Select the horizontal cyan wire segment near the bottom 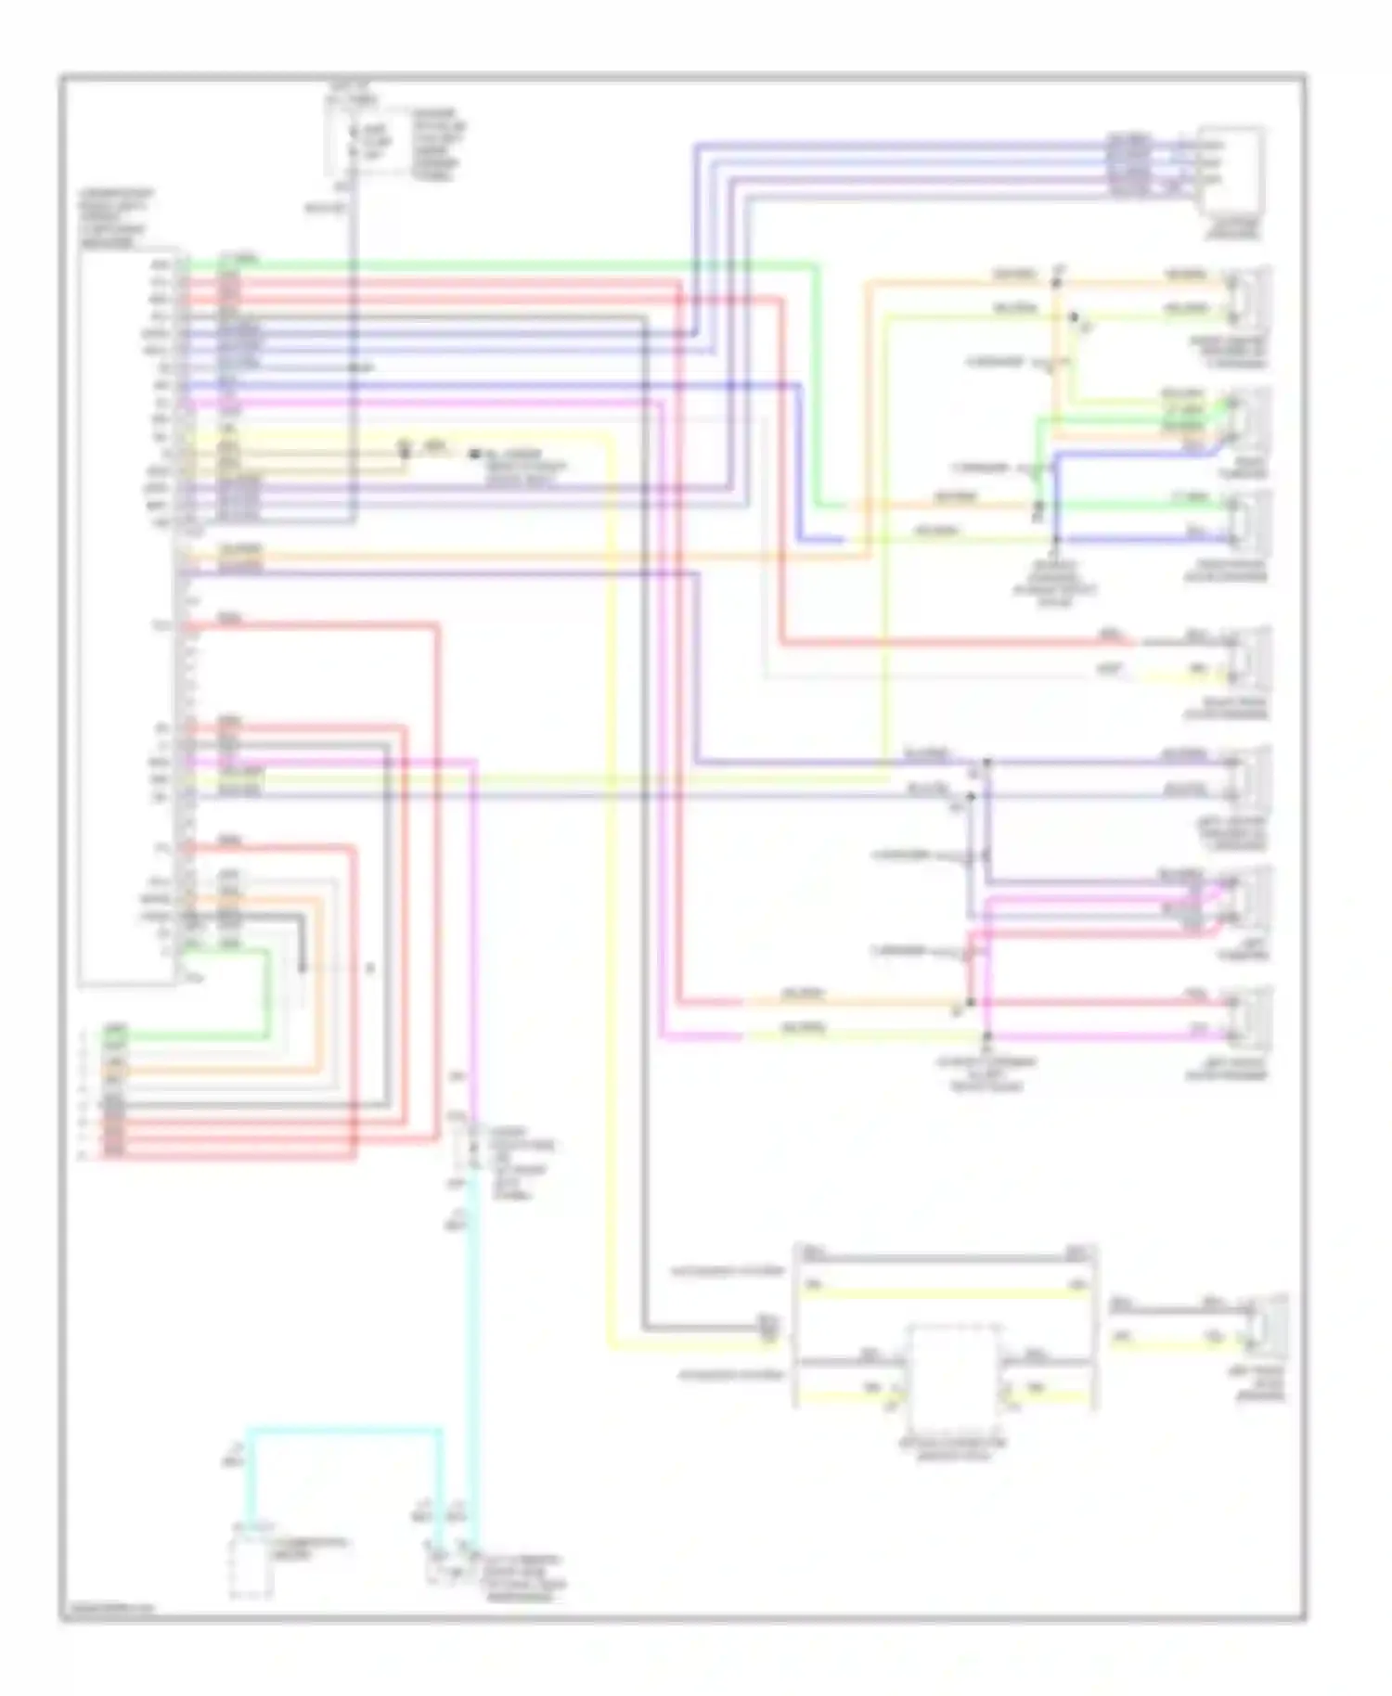[343, 1430]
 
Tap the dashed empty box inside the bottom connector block [953, 1378]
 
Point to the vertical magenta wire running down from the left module [474, 928]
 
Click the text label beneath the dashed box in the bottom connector [953, 1450]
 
